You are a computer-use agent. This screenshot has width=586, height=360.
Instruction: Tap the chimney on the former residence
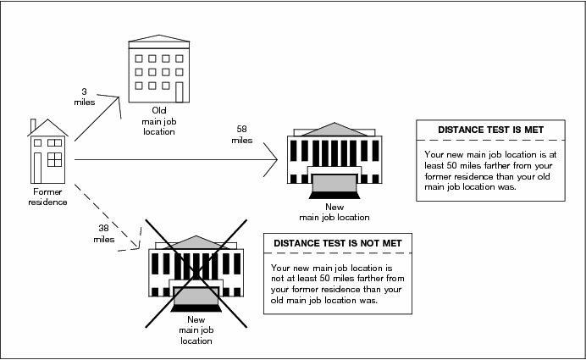(33, 127)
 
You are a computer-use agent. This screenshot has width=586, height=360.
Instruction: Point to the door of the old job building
(180, 90)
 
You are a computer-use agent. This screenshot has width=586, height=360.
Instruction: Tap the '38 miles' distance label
(103, 233)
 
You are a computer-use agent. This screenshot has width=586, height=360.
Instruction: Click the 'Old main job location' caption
(158, 120)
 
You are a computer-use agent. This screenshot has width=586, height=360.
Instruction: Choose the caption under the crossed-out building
(196, 331)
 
